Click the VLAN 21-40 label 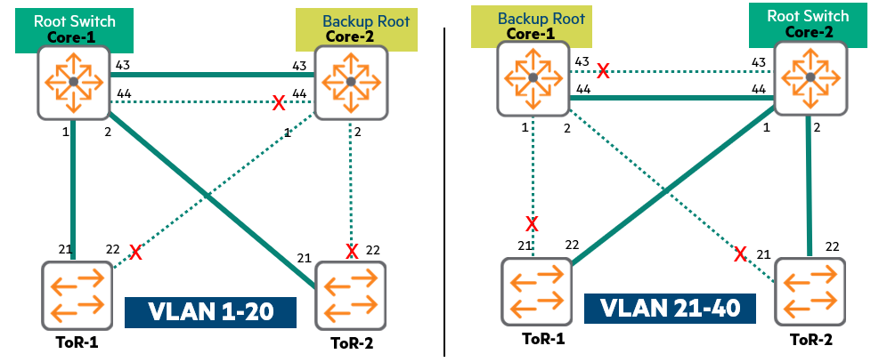pos(671,309)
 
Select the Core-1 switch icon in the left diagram pos(74,83)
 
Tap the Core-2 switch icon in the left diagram pos(351,81)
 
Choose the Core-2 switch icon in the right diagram pos(810,79)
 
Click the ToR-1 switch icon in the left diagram pos(76,294)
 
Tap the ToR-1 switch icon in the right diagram pos(536,291)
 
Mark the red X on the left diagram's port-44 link pos(278,103)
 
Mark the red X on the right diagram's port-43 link pos(603,69)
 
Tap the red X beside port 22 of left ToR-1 pos(135,253)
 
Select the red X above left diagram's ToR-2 pos(352,251)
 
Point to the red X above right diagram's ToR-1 pos(532,223)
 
